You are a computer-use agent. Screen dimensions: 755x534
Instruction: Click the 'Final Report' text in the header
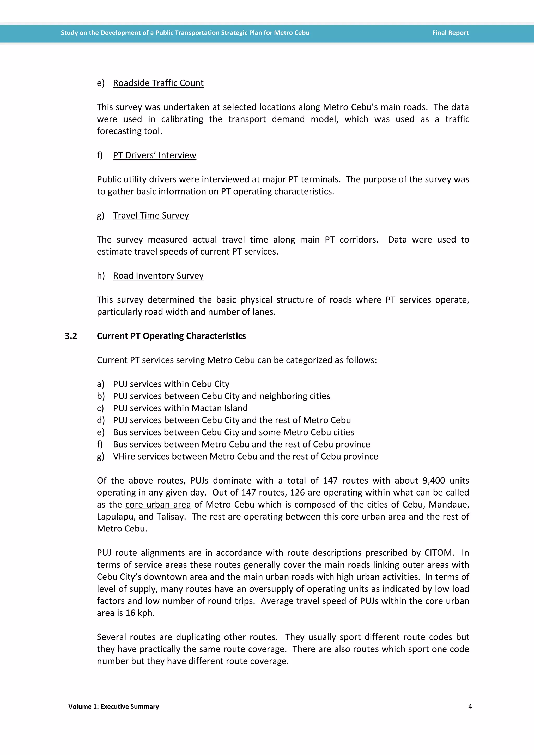click(450, 33)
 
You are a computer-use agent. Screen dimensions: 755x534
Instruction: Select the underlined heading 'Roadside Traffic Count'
click(158, 83)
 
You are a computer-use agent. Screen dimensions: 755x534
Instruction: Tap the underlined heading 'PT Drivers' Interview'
click(155, 155)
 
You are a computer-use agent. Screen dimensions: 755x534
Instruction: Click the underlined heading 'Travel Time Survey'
click(151, 215)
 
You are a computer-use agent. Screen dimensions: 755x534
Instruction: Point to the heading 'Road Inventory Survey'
click(158, 276)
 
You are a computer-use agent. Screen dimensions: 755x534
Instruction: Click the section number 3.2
click(71, 336)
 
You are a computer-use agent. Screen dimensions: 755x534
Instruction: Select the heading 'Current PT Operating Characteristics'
click(171, 336)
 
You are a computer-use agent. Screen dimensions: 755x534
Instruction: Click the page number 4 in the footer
click(470, 706)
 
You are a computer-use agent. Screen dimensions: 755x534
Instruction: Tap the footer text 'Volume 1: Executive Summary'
click(113, 706)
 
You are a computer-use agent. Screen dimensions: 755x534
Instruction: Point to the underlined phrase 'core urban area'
click(158, 504)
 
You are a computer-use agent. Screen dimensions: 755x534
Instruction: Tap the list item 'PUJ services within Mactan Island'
click(180, 408)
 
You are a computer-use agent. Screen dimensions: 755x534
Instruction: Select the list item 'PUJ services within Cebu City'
click(171, 384)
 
